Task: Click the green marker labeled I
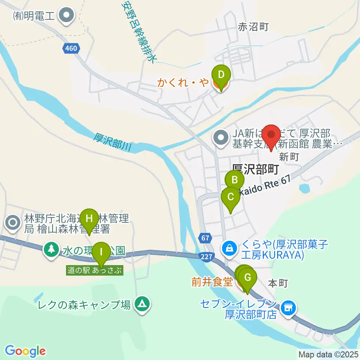tap(101, 253)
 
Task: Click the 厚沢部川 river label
tap(112, 141)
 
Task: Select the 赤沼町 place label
tap(253, 27)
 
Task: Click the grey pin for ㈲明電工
tap(68, 16)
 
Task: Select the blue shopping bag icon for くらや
tap(228, 247)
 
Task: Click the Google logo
tap(25, 351)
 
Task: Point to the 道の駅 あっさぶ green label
tap(94, 270)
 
